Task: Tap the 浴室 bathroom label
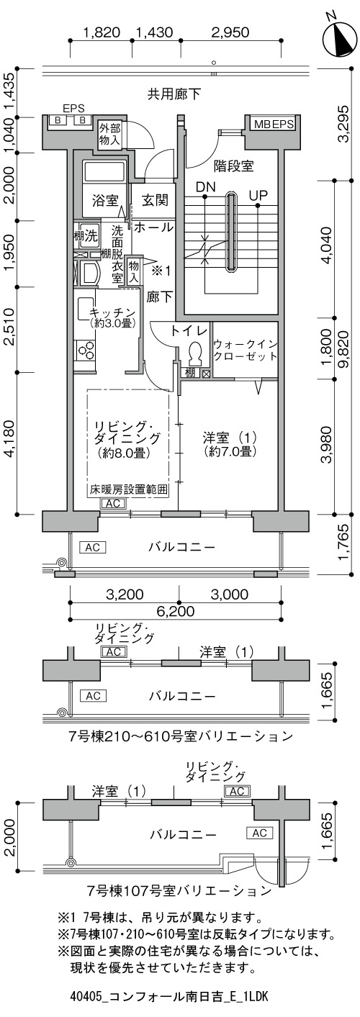pos(105,201)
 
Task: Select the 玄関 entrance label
pos(155,200)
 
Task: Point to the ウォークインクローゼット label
pos(245,350)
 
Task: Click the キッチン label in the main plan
pos(112,313)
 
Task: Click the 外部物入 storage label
pos(109,134)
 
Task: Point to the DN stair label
pos(206,187)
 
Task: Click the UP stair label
pos(258,195)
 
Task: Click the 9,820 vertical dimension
pos(343,348)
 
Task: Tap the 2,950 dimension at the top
pos(230,32)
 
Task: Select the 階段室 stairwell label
pos(234,167)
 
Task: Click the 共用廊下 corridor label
pos(174,94)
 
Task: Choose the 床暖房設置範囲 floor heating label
pos(128,490)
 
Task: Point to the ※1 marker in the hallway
pos(161,271)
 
